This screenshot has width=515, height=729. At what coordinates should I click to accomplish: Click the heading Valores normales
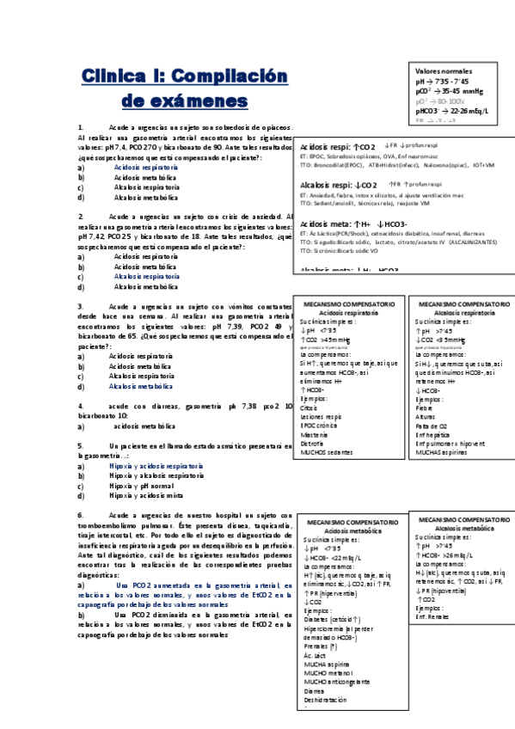pyautogui.click(x=444, y=70)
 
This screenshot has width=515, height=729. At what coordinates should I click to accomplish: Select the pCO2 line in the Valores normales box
pyautogui.click(x=451, y=90)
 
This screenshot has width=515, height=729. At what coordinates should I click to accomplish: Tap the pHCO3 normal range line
pyautogui.click(x=451, y=111)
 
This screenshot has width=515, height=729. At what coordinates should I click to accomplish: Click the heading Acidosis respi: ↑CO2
pyautogui.click(x=339, y=148)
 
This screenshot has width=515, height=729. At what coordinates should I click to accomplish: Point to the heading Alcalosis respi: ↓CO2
pyautogui.click(x=340, y=185)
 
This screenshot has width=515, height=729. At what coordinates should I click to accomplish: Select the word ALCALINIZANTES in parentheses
pyautogui.click(x=467, y=242)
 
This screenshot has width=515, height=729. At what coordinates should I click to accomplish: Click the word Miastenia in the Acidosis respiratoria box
pyautogui.click(x=316, y=435)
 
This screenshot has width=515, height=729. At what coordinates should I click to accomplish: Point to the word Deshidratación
pyautogui.click(x=325, y=700)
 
